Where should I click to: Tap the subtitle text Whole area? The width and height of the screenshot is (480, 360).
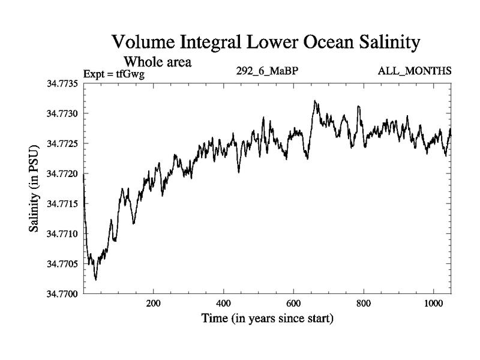tap(157, 61)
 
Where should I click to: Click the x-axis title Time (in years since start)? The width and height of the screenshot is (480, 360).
tap(267, 319)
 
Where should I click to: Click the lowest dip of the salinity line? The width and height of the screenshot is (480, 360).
tap(96, 280)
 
